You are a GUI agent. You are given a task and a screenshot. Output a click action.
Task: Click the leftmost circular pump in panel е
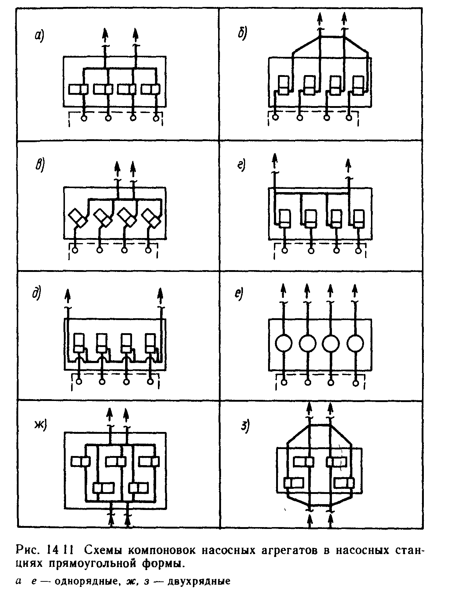pos(284,343)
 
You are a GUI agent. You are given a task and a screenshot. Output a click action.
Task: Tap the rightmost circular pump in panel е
pos(355,343)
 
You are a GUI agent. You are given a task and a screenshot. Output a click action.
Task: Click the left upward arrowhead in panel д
pos(67,294)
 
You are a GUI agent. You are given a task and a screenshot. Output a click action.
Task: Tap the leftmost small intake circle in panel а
pos(84,118)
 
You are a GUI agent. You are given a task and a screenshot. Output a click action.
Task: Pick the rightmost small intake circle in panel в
pos(148,250)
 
